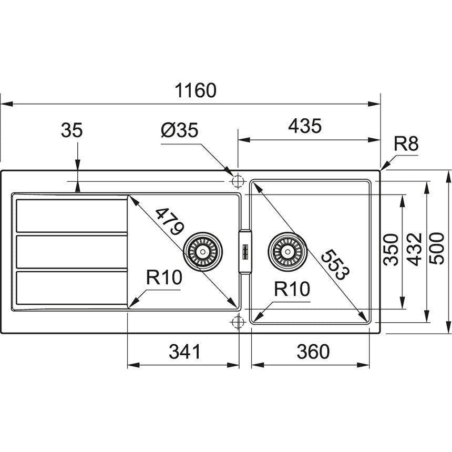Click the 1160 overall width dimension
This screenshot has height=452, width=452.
[196, 90]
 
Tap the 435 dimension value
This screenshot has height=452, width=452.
[304, 126]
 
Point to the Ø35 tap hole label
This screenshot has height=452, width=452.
[180, 129]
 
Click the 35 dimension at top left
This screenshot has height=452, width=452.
[71, 130]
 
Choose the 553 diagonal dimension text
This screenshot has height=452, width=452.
[334, 264]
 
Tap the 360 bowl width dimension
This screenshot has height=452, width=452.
[313, 351]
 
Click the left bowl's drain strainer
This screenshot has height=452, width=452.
[202, 250]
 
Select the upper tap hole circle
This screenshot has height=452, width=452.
[237, 181]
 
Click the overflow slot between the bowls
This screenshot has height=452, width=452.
[245, 251]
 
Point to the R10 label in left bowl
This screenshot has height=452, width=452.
[163, 278]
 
